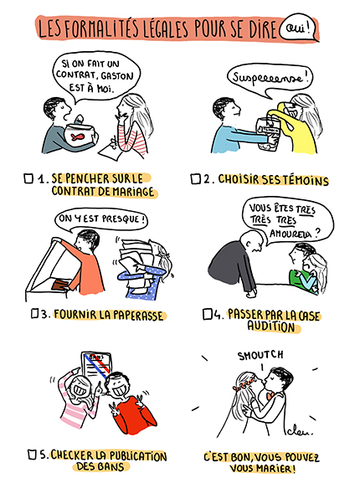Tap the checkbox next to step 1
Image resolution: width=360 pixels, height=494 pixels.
[29, 178]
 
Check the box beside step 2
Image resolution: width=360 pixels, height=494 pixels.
[195, 178]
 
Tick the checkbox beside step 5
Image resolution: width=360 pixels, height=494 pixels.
[30, 455]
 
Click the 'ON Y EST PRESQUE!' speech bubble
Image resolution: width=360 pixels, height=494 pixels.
[101, 219]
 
